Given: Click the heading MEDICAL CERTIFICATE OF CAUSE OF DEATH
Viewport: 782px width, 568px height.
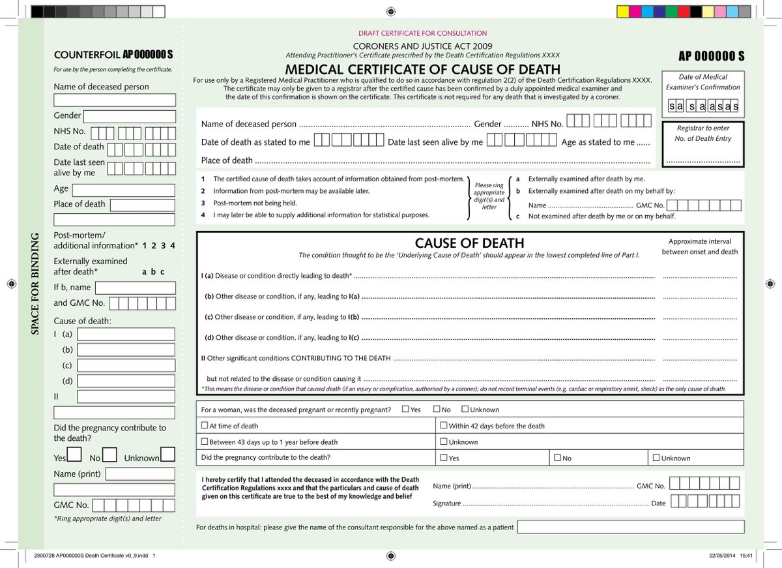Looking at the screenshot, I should coord(422,69).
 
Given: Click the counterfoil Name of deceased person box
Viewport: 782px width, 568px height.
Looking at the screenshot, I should coord(115,100).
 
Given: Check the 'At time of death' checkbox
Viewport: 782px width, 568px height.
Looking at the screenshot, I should coord(205,426).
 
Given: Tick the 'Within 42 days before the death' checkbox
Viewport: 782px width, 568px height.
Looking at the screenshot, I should coord(444,426).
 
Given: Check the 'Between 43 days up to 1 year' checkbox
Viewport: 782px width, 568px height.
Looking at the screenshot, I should coord(205,441).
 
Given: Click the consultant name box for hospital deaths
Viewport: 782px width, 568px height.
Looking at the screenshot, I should coord(630,526).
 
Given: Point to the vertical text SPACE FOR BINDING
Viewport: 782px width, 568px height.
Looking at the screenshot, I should coord(35,284).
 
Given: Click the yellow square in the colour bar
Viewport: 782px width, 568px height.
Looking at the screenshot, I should coord(622,11).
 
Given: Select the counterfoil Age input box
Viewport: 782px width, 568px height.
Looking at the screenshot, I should coord(123,190).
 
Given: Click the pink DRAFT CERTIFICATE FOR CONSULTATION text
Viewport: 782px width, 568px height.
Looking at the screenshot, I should coord(422,33).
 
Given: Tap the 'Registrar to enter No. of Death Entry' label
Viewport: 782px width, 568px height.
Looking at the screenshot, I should coord(703,133).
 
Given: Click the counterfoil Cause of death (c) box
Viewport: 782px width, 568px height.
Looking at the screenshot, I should coord(126,365).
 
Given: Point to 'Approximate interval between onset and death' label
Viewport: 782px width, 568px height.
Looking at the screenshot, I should coord(700,246).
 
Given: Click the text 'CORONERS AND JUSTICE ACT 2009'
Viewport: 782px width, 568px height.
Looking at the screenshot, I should coord(422,46).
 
